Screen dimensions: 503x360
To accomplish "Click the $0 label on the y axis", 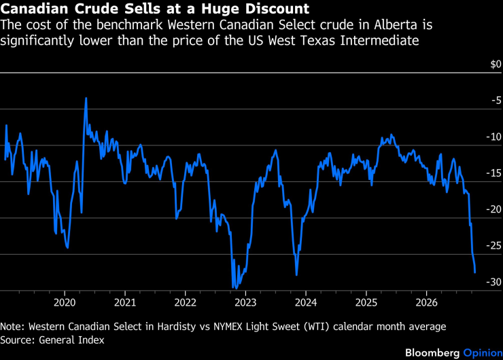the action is tap(496, 64).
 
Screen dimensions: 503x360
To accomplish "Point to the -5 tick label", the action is tap(496, 101).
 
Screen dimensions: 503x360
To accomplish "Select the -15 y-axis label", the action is tap(494, 173).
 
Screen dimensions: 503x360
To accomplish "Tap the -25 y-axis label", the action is tap(494, 246).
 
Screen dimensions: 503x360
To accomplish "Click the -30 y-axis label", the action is tap(494, 282).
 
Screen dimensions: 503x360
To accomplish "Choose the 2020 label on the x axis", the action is tap(65, 302).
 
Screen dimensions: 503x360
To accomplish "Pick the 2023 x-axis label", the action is tap(245, 302).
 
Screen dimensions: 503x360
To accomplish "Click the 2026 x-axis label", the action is tap(426, 302).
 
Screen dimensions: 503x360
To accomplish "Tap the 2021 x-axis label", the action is tap(125, 302).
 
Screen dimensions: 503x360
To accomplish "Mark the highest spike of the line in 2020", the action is tap(86, 98).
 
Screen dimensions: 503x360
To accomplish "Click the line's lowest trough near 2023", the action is tap(236, 288).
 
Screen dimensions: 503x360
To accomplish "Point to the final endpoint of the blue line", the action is tap(474, 272).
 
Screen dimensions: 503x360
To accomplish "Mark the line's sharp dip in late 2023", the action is tap(296, 274).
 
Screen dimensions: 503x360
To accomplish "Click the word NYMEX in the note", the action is tap(228, 326).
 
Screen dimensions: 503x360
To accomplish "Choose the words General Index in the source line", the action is tap(71, 340).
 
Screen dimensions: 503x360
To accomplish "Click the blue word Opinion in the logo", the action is tap(483, 353).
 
